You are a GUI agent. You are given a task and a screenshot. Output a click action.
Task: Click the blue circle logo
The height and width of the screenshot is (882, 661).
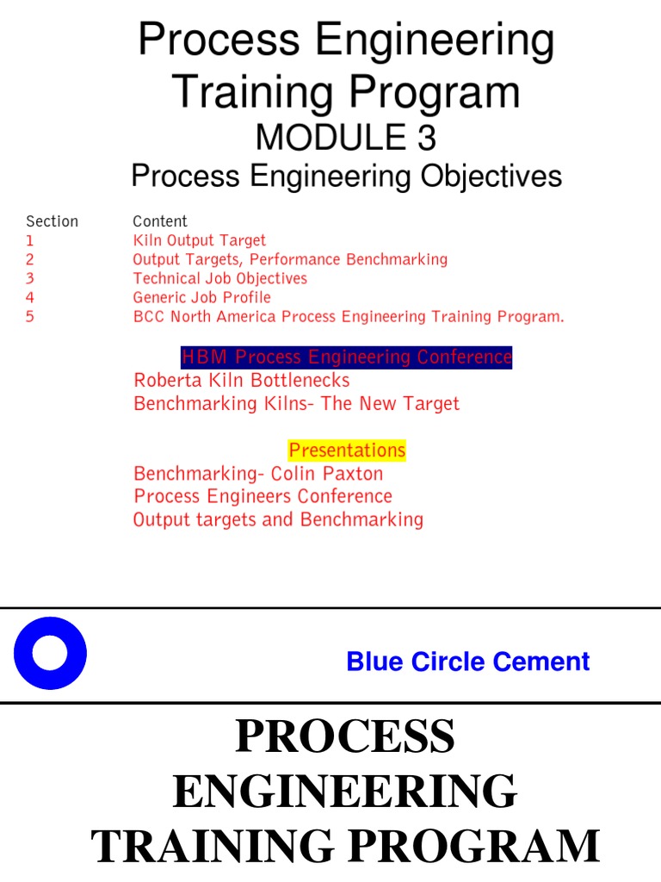coord(50,653)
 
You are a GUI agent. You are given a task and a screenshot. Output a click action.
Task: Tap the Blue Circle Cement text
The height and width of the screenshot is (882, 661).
coord(467,661)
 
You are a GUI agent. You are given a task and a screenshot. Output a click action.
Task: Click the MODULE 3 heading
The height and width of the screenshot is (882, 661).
coord(346,138)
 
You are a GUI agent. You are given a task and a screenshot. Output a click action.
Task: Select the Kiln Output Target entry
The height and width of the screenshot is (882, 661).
coord(199,240)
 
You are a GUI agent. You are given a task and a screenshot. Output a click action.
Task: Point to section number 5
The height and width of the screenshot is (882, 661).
coord(30,316)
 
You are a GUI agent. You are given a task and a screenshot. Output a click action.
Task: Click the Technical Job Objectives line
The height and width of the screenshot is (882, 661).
coord(219,278)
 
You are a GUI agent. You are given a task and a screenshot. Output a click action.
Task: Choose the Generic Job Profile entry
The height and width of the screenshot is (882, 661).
coord(201,297)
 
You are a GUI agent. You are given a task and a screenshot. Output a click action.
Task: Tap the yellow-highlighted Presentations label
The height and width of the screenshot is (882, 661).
coord(346,450)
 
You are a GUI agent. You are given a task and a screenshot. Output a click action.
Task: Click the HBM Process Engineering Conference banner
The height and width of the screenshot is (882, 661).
coord(346,357)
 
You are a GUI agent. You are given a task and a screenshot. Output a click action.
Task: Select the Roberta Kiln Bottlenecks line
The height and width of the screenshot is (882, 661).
coord(241,380)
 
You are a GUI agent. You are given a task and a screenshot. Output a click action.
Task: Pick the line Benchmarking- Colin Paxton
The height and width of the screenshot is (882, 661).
coord(258,473)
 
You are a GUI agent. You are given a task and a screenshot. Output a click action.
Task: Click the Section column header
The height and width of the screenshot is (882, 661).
coord(52,221)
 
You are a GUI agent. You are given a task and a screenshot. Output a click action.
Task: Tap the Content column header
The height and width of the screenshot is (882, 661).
coord(160,221)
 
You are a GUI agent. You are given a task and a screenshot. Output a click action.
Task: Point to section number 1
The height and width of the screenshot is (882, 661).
coord(30,240)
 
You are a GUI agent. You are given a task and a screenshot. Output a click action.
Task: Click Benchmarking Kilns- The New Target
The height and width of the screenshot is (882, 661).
coord(296,403)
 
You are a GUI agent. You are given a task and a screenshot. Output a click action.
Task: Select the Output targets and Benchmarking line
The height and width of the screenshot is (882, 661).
coord(278,519)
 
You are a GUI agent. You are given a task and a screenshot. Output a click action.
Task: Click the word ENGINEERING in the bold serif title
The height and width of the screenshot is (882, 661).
coord(345,792)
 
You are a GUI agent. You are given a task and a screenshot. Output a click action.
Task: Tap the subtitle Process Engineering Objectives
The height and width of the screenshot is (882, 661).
coord(346,177)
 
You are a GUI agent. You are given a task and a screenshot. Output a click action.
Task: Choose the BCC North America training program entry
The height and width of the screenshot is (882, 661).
coord(348,316)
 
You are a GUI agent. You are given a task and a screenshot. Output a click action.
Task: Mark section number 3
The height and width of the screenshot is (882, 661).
coord(30,278)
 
